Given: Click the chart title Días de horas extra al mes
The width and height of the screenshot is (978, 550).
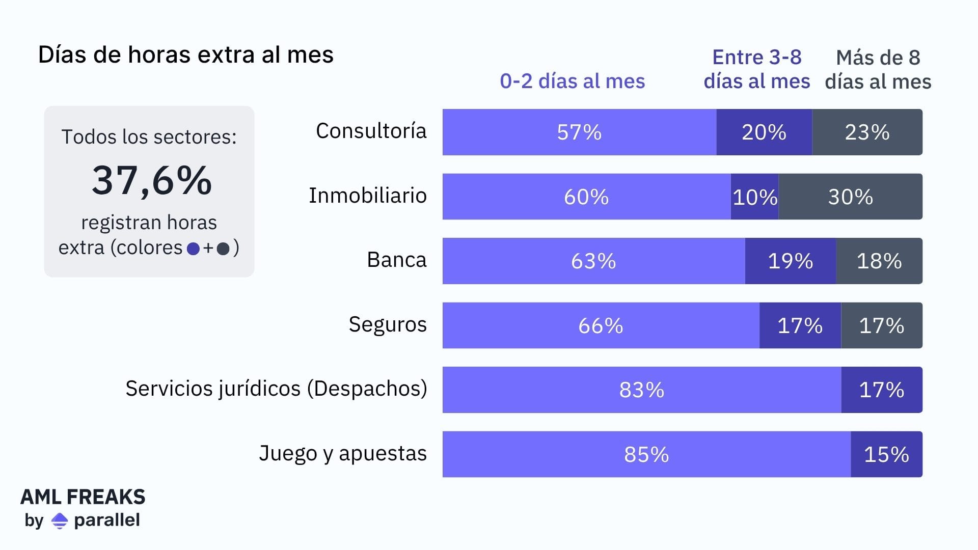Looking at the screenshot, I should [x=185, y=55].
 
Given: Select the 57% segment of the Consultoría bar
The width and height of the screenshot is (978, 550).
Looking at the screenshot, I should [x=579, y=132].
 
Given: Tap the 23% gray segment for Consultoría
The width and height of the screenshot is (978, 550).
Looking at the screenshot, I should [x=867, y=132].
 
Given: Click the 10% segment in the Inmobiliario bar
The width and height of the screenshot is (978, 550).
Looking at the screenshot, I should [x=754, y=197].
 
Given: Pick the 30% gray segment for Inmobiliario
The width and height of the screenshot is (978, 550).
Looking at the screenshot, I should [x=850, y=197].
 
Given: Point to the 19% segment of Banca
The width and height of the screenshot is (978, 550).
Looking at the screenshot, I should [x=790, y=261].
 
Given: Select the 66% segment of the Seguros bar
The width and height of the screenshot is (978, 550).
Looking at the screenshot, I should [x=601, y=325].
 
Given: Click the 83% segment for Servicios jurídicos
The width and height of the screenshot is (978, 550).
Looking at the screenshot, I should [x=641, y=390].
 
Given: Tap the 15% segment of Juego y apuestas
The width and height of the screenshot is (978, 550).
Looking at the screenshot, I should [x=886, y=454].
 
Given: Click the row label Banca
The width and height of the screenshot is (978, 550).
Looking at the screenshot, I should [x=396, y=260].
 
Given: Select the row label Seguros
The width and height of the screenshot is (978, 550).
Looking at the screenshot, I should [x=387, y=325].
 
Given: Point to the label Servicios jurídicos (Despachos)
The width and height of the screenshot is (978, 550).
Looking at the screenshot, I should [x=276, y=389].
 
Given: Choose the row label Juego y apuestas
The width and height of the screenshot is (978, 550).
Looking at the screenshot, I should [x=342, y=454].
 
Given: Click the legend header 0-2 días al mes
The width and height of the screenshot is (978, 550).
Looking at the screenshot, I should [x=572, y=81].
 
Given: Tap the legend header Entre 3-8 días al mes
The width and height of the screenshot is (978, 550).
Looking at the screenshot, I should [x=756, y=69].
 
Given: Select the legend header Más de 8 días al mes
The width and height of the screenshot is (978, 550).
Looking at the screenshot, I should [x=878, y=70].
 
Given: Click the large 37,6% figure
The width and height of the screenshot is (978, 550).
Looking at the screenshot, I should [x=151, y=180].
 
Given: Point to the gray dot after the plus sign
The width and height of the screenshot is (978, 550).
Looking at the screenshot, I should [x=223, y=249].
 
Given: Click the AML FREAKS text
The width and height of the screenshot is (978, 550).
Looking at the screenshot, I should [x=83, y=497].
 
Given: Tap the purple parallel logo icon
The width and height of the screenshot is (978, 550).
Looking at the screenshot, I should [x=60, y=520].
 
